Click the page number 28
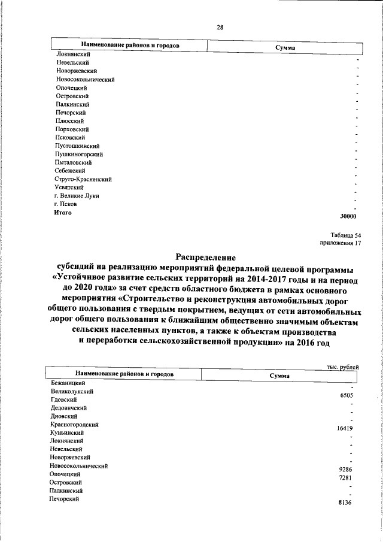point(220,26)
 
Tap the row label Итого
point(63,213)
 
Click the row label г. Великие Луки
point(76,196)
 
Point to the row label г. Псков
point(65,204)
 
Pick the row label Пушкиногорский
point(78,154)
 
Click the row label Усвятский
point(69,187)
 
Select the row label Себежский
point(68,171)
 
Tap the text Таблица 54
point(346,235)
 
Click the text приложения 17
point(341,244)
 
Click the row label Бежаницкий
point(67,383)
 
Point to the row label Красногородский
point(75,424)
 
